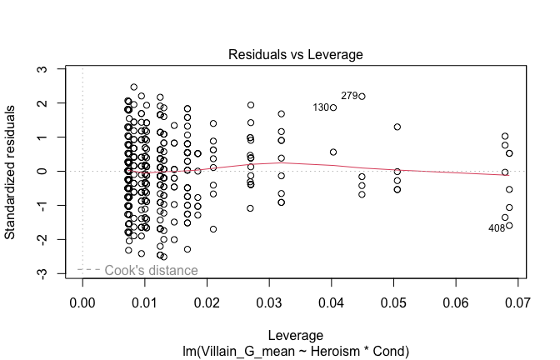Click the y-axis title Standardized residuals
(x=12, y=172)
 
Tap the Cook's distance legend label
(x=151, y=270)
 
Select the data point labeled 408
(x=509, y=225)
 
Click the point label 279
(x=349, y=96)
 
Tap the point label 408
(x=497, y=228)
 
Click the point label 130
(x=321, y=107)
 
